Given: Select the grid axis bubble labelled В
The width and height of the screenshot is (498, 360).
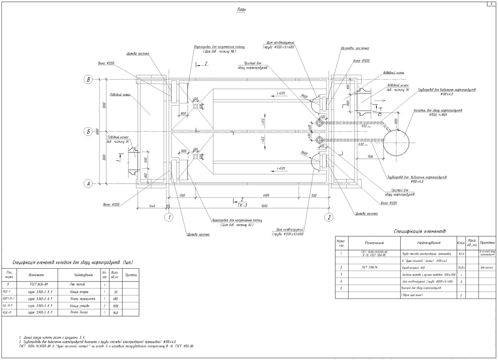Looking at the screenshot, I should tap(88, 80).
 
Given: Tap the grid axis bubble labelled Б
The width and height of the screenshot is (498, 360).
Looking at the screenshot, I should tap(88, 132).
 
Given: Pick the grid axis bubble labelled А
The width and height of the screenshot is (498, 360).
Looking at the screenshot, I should tap(88, 184).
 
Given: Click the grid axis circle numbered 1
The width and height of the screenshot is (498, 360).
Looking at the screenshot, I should tap(169, 217).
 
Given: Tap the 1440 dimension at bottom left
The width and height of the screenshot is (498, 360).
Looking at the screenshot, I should tap(152, 206).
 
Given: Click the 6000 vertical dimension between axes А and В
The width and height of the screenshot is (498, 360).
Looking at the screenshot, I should tap(97, 132).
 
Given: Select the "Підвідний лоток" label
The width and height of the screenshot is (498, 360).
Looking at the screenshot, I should tap(120, 94).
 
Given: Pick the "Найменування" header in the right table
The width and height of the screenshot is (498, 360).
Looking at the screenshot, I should tap(428, 243).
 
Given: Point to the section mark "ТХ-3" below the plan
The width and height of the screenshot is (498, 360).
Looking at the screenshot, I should tap(242, 205).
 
